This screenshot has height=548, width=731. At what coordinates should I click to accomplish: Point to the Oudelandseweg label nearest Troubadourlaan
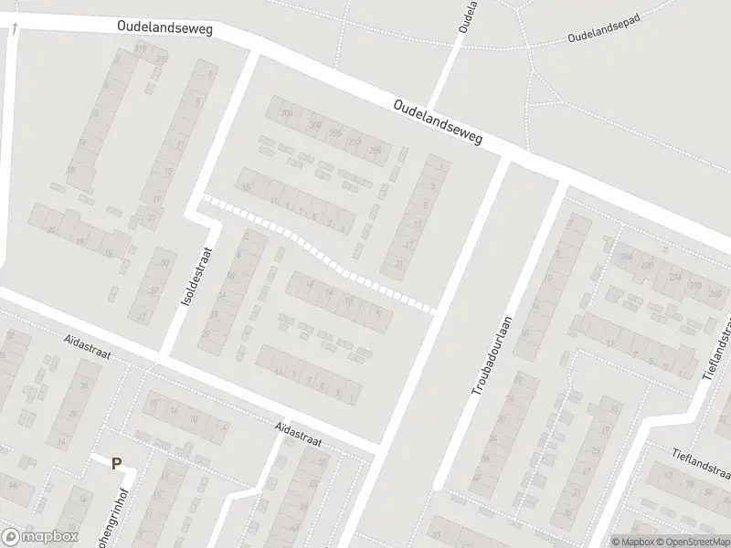click(x=438, y=121)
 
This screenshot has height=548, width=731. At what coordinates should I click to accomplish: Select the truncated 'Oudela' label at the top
click(x=468, y=17)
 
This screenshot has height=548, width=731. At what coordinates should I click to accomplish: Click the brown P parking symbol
click(x=116, y=463)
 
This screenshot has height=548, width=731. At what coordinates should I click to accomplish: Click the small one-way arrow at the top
click(x=16, y=30)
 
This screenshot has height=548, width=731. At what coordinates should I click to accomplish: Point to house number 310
click(x=140, y=47)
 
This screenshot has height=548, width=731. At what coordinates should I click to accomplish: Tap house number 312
click(x=163, y=59)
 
